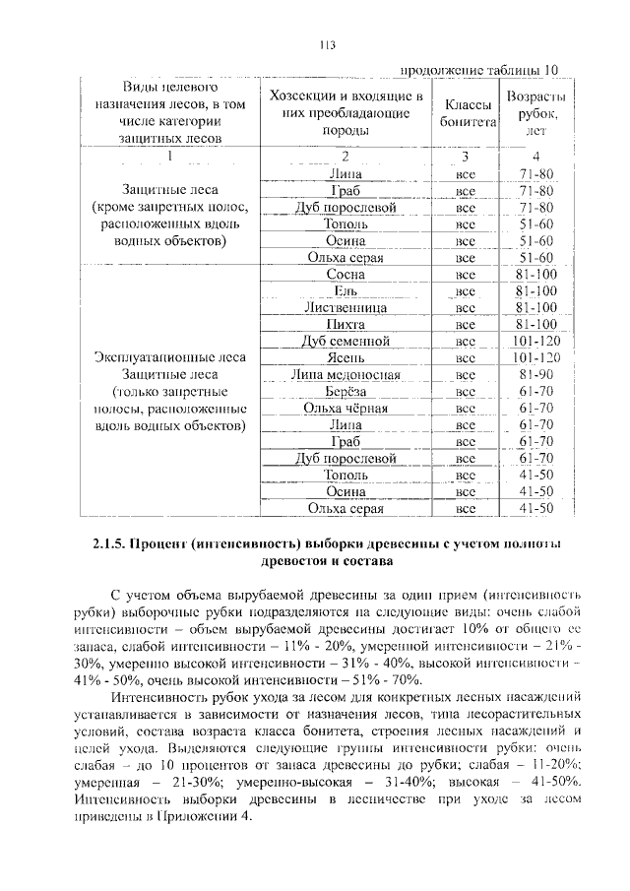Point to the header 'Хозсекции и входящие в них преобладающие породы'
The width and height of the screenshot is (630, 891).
346,112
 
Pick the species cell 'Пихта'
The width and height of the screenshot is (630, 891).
346,324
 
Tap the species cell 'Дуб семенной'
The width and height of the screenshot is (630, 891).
346,341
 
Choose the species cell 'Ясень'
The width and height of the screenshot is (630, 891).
346,357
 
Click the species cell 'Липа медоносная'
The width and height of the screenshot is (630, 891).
346,374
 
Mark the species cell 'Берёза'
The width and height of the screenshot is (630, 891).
346,391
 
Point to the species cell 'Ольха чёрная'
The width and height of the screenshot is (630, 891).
346,408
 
